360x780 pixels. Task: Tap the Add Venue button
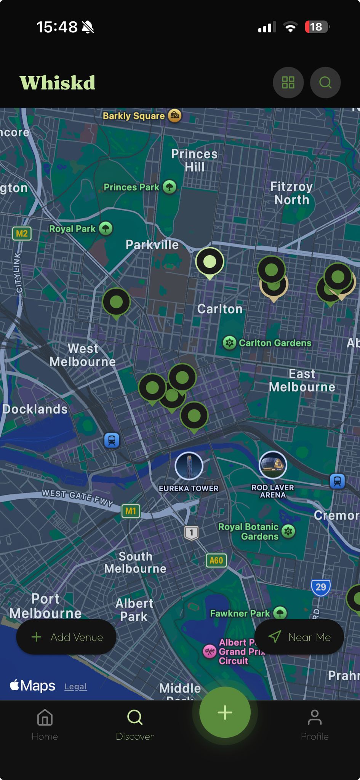66,637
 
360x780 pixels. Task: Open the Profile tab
314,725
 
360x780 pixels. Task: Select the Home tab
45,725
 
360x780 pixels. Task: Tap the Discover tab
134,725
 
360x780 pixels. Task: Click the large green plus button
225,713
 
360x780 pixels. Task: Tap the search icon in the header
325,83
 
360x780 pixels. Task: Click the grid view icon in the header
288,83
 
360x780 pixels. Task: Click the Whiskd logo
58,83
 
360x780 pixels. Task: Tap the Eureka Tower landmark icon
189,465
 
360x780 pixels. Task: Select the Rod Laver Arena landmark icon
273,465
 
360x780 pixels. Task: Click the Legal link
75,687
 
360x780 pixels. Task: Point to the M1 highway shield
131,511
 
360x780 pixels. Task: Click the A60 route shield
216,560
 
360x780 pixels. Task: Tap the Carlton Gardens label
275,343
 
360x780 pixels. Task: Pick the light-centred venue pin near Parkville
210,262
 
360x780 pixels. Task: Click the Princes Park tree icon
170,187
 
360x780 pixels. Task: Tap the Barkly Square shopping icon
175,115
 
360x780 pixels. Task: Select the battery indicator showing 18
317,27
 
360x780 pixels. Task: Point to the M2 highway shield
22,233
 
